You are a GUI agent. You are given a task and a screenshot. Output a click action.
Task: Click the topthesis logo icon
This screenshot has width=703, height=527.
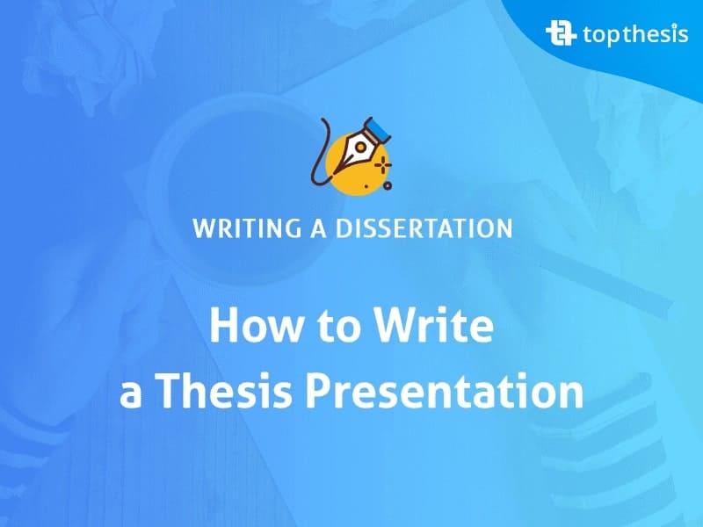click(x=561, y=33)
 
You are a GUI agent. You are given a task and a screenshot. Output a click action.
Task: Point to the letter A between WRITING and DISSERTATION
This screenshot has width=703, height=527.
click(x=318, y=227)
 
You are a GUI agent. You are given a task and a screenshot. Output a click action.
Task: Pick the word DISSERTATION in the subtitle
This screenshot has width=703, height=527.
click(x=424, y=227)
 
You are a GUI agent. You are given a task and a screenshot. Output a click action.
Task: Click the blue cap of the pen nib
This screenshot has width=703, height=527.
click(x=378, y=129)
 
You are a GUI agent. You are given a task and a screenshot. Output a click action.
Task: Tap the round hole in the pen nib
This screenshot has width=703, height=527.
click(x=359, y=147)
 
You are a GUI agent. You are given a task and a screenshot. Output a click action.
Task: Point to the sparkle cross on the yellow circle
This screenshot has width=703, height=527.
click(x=382, y=165)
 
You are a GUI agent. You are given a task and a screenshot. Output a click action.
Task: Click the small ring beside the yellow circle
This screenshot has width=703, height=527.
click(x=388, y=185)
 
